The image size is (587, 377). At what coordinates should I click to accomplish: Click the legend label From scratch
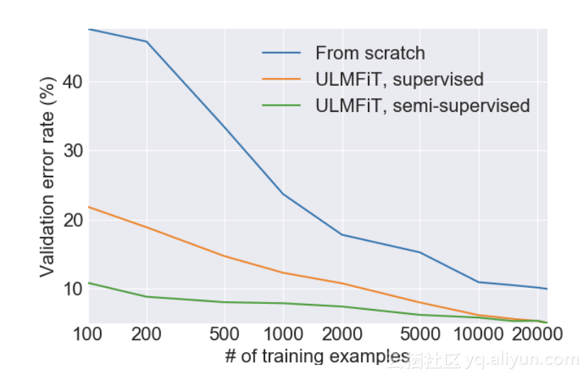370,53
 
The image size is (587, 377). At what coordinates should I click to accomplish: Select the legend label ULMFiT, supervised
399,79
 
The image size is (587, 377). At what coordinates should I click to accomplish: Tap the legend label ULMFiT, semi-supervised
423,106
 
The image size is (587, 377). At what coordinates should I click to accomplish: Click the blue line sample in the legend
281,53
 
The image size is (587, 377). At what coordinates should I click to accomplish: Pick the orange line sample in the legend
281,79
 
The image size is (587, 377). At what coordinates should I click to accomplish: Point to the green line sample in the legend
281,106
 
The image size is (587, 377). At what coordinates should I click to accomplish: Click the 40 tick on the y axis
72,82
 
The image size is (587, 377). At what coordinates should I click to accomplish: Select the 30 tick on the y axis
72,151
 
